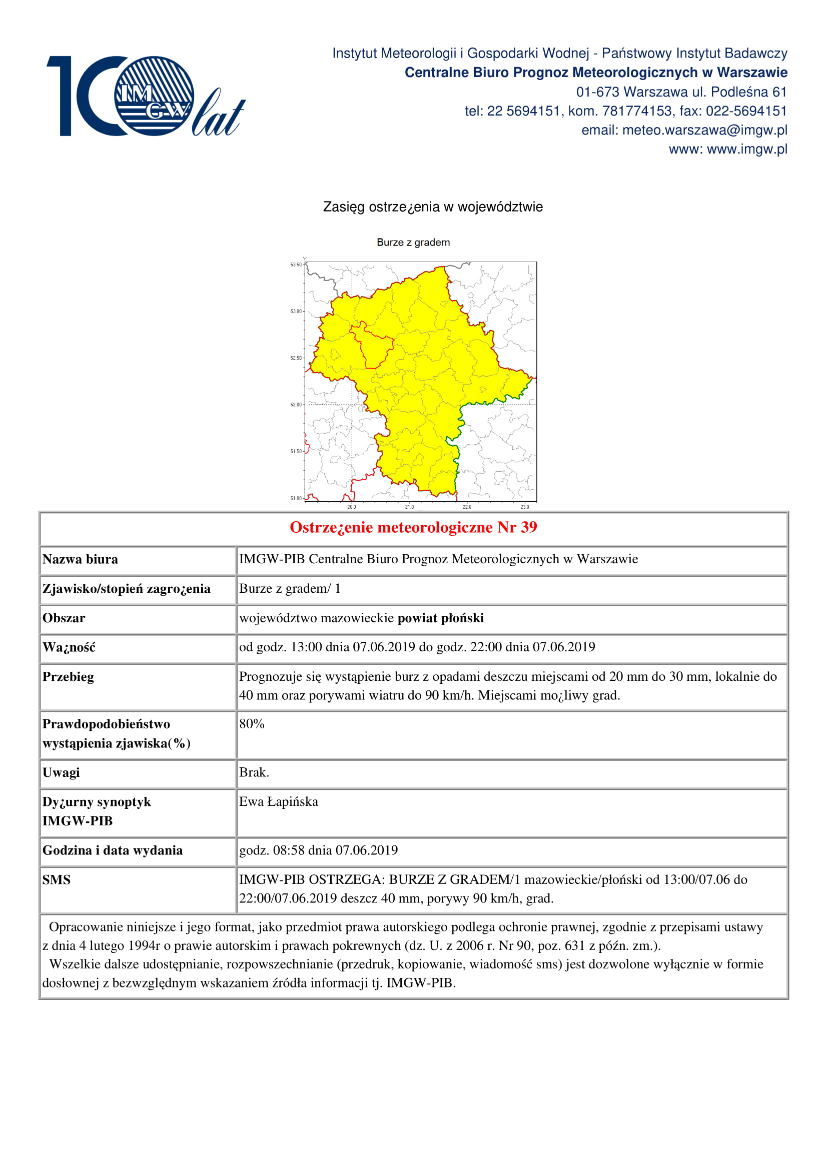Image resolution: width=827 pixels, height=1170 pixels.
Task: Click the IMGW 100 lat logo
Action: tap(145, 96)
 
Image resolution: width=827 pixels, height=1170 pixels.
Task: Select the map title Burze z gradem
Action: tap(413, 243)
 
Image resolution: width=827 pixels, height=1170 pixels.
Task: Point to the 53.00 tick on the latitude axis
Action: tap(296, 311)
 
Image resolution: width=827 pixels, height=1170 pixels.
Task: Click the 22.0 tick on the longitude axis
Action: tap(467, 507)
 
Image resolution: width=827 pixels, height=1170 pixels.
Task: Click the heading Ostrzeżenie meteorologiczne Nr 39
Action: tap(413, 527)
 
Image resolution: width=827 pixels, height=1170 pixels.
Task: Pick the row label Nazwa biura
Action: tap(80, 560)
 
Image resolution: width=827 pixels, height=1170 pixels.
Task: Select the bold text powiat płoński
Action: tap(441, 618)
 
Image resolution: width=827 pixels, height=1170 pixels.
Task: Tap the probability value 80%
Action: tap(252, 724)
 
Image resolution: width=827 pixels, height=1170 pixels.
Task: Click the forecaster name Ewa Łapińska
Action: tap(279, 802)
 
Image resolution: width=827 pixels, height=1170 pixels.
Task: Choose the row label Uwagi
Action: tap(61, 772)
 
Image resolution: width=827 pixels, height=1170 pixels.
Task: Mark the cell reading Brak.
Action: tap(254, 772)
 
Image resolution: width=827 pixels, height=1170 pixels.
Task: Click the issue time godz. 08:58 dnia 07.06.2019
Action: tap(319, 850)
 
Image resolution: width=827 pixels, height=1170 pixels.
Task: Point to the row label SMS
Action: tap(57, 880)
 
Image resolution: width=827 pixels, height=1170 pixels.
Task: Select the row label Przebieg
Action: tap(68, 677)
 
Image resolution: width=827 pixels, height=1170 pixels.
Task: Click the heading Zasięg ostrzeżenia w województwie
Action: tap(433, 207)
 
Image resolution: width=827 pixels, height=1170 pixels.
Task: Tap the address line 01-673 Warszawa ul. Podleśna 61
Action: tap(681, 92)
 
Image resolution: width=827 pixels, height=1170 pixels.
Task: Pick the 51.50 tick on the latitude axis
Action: tap(296, 452)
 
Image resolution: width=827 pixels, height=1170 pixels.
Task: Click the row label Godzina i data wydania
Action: tap(113, 850)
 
